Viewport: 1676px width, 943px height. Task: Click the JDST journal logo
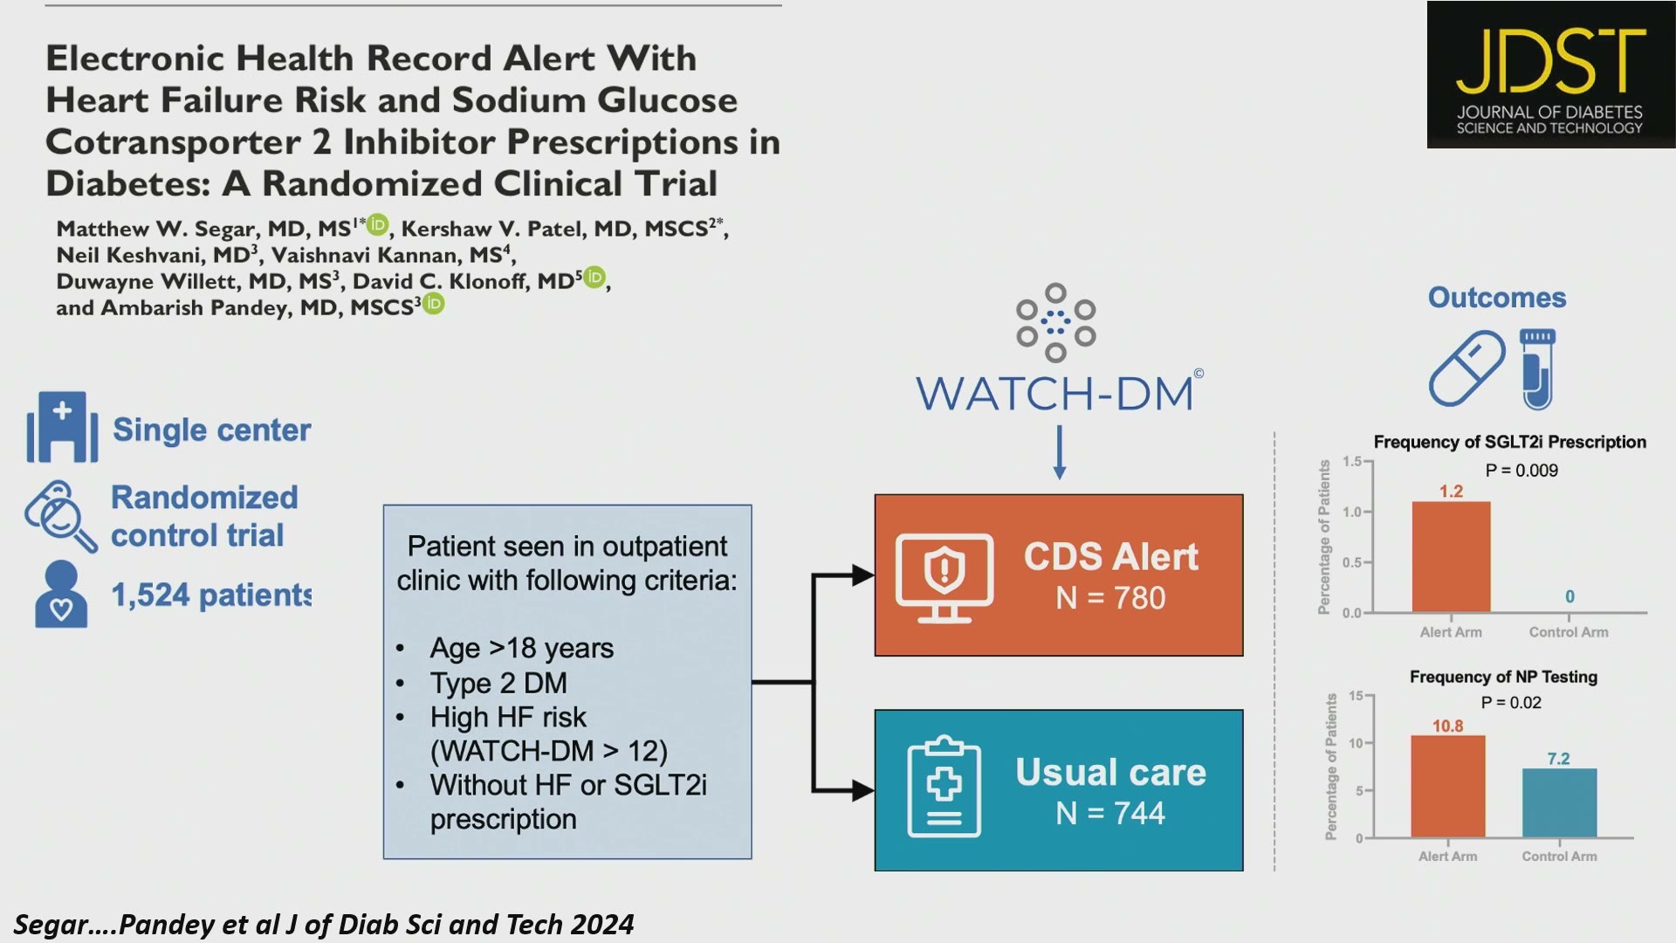1550,74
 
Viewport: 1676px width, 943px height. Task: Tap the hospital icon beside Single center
62,427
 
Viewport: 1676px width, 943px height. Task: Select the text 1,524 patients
211,595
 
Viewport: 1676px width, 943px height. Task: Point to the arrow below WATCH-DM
1059,452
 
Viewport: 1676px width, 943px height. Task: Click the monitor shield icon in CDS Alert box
944,577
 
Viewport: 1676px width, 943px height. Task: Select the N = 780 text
1110,598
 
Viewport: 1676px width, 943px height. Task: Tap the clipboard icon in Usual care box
944,787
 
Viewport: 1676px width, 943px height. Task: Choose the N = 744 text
1110,814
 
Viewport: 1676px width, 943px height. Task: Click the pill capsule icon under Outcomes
1466,368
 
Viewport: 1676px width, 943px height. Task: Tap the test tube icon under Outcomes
1537,369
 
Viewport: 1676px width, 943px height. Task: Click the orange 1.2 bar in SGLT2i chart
1451,557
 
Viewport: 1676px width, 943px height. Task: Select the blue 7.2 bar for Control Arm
1559,803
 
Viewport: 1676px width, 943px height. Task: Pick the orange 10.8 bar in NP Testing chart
1447,787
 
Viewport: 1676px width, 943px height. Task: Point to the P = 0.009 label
1521,471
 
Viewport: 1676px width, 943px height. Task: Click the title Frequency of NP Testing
1503,677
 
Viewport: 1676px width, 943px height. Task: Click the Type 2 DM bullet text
498,683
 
